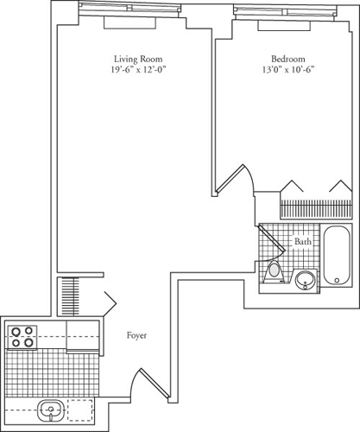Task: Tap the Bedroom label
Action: click(284, 60)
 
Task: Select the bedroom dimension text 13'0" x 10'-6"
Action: click(284, 72)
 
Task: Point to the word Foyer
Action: click(136, 334)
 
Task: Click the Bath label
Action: click(303, 243)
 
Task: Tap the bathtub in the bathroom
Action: click(336, 257)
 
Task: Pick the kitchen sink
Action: click(49, 412)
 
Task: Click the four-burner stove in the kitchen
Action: click(23, 335)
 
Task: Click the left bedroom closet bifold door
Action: click(291, 187)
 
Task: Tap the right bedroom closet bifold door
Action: click(339, 187)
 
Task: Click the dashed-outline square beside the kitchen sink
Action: click(84, 411)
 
